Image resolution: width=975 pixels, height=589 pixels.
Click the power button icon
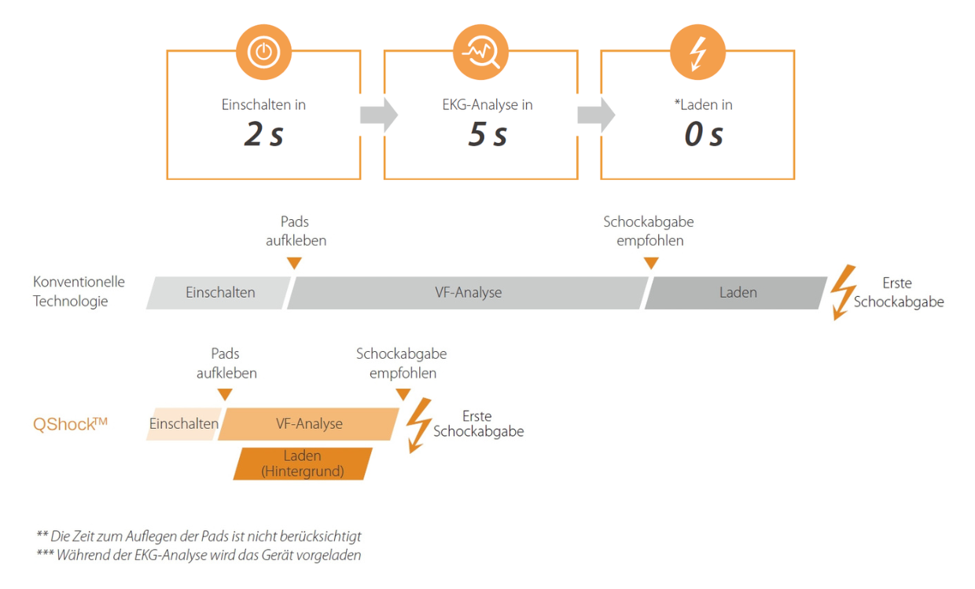pyautogui.click(x=263, y=52)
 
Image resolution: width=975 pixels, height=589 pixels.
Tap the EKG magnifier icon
pyautogui.click(x=480, y=52)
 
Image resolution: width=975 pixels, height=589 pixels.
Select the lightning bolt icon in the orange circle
pyautogui.click(x=697, y=52)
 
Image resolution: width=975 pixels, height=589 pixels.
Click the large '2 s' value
pyautogui.click(x=263, y=135)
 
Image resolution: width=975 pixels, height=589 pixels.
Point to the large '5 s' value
pyautogui.click(x=487, y=135)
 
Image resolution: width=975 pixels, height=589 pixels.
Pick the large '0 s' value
pyautogui.click(x=704, y=135)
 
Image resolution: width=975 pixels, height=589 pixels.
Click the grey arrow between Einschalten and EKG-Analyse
pyautogui.click(x=378, y=115)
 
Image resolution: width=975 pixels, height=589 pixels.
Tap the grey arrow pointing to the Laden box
pyautogui.click(x=596, y=115)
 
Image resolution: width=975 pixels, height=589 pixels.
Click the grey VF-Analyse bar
pyautogui.click(x=468, y=293)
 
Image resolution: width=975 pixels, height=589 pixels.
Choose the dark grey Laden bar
pyautogui.click(x=735, y=293)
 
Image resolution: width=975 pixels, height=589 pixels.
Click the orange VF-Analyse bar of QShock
pyautogui.click(x=308, y=424)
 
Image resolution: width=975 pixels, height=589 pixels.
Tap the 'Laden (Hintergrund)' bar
pyautogui.click(x=303, y=463)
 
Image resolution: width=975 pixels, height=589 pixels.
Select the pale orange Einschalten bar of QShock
pyautogui.click(x=183, y=424)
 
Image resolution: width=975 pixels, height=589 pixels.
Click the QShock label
pyautogui.click(x=70, y=425)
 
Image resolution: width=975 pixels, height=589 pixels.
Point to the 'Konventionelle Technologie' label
pyautogui.click(x=79, y=291)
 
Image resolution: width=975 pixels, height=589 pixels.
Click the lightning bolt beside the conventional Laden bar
pyautogui.click(x=844, y=291)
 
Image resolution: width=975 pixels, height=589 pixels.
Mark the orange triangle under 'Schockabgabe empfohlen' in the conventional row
pyautogui.click(x=650, y=263)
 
